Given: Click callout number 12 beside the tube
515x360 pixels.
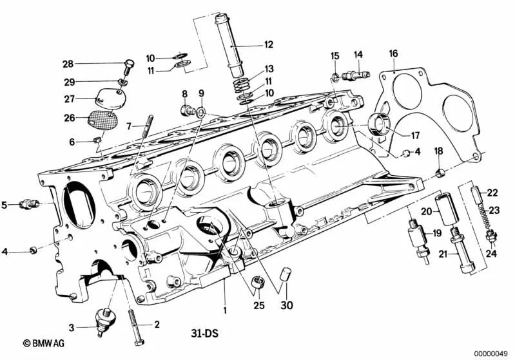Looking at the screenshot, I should click(268, 45).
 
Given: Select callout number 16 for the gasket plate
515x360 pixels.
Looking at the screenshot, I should click(393, 53).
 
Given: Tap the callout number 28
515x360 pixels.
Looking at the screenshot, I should click(68, 63).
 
